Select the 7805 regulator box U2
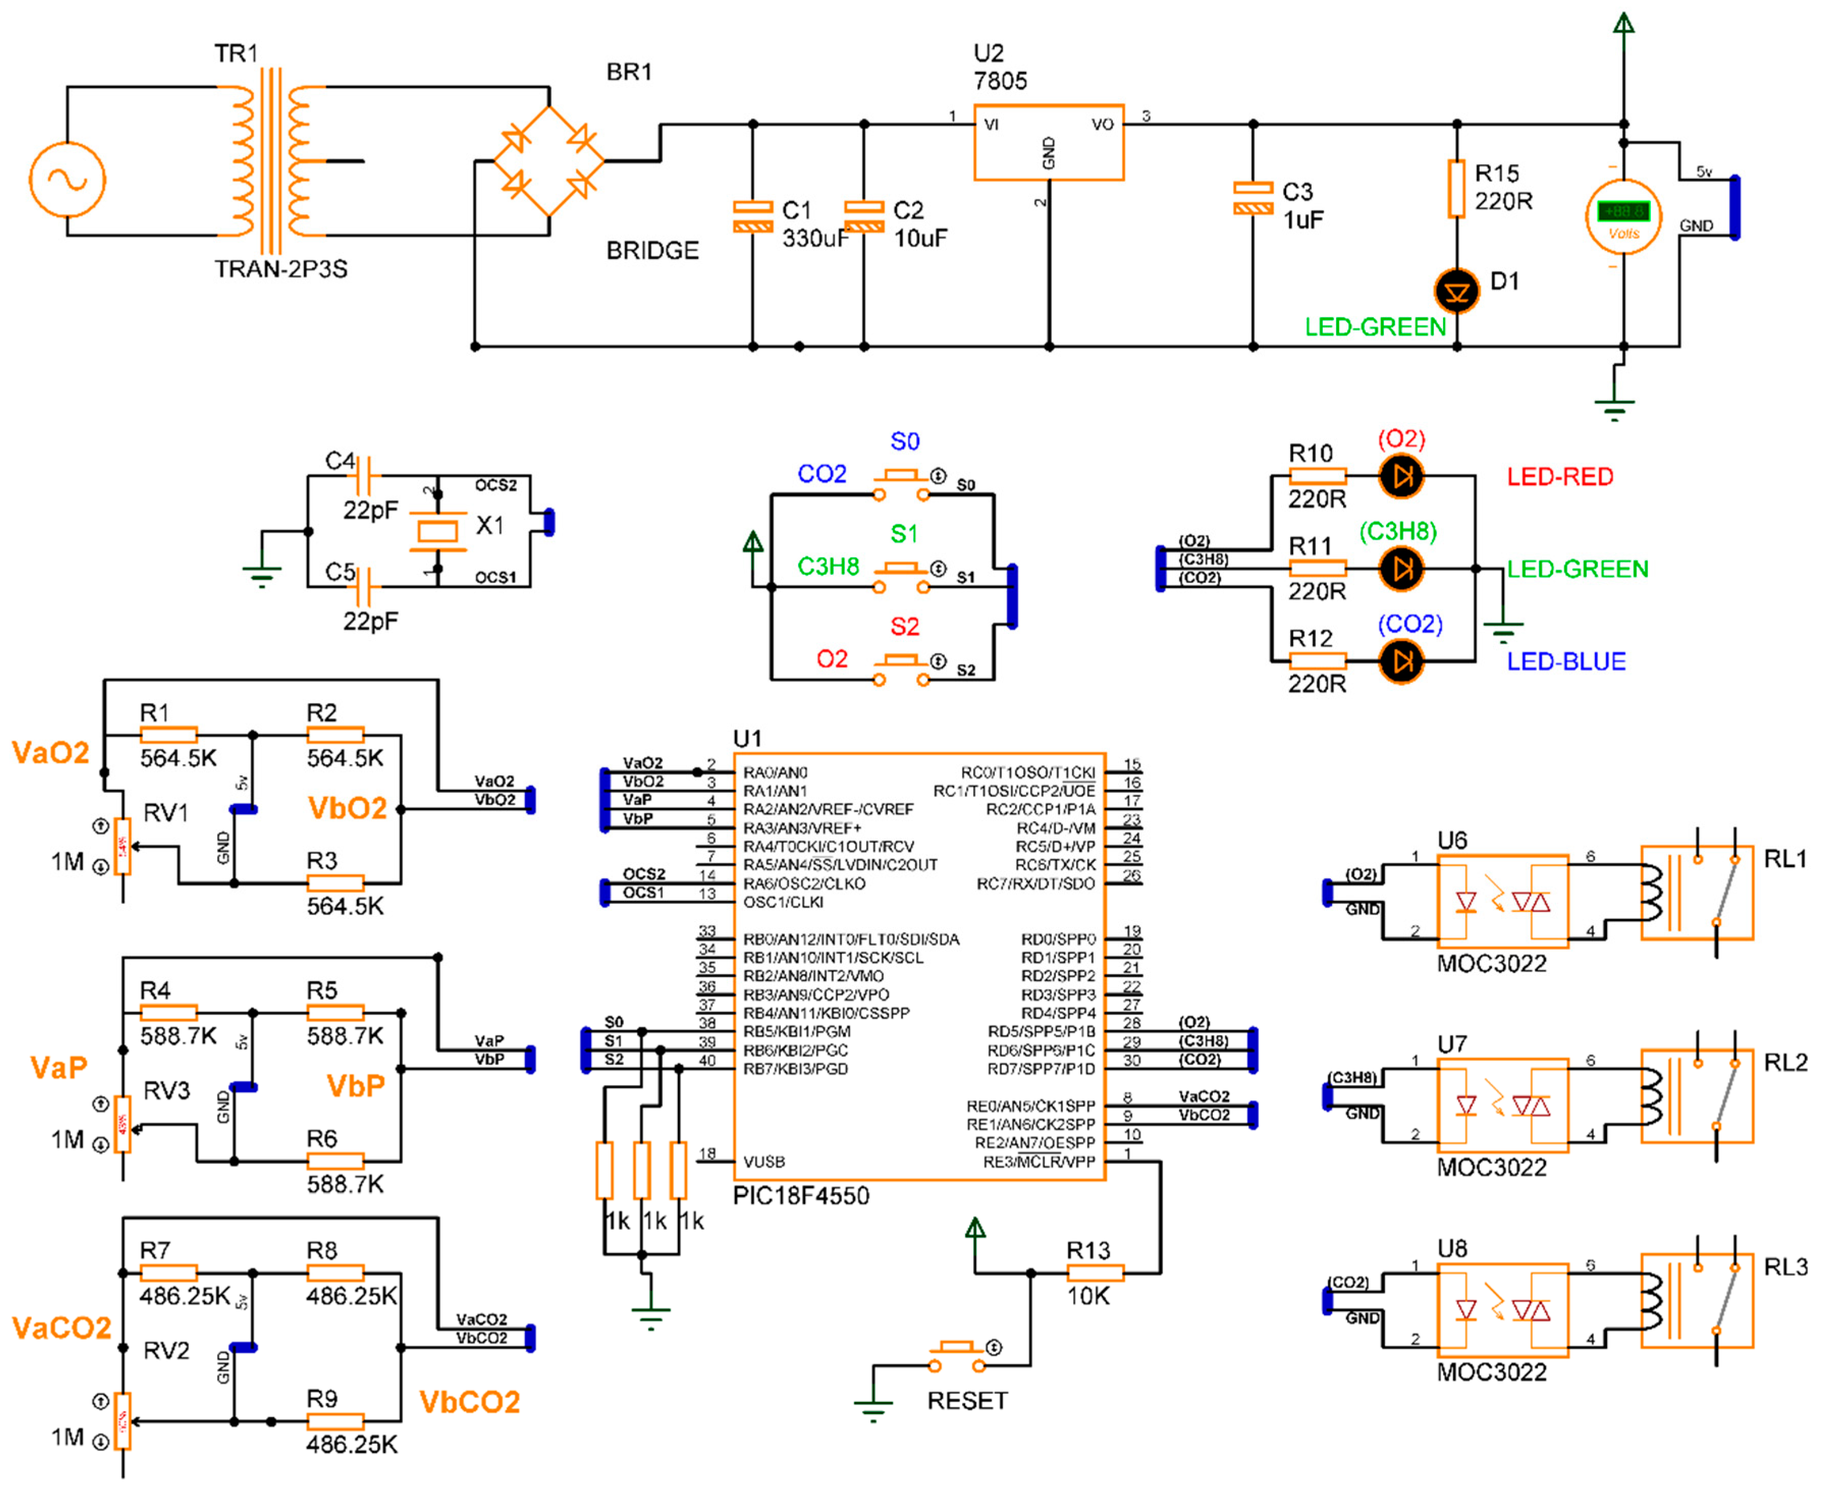[1048, 143]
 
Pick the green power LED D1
[1456, 292]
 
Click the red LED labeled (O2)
[1401, 476]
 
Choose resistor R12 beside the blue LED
[1317, 660]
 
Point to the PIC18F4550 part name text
[801, 1196]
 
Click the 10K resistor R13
[1095, 1274]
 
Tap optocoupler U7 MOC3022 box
[1502, 1105]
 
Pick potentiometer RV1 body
[123, 846]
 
